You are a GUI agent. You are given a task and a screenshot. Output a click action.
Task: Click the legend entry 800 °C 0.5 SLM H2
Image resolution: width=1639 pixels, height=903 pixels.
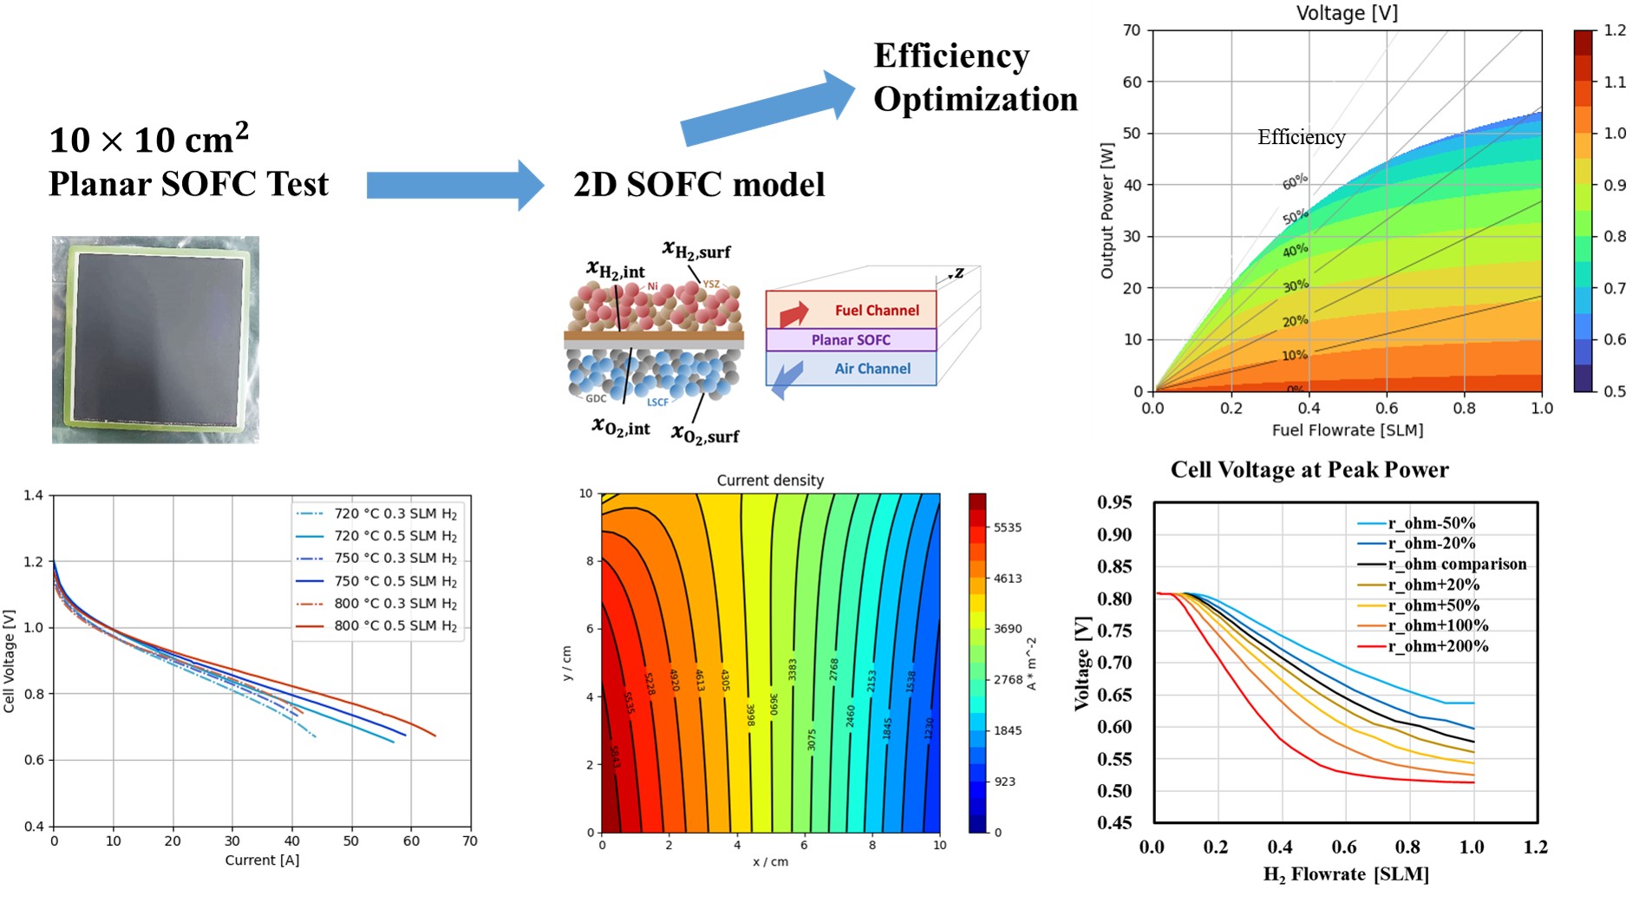(395, 625)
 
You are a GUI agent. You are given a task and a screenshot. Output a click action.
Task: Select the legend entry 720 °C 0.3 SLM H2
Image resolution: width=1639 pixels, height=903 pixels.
(395, 514)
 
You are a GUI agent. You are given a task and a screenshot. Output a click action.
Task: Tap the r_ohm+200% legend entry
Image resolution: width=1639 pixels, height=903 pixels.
(1437, 646)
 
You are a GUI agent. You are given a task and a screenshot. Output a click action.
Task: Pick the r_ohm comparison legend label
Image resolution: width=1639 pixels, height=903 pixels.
(1456, 564)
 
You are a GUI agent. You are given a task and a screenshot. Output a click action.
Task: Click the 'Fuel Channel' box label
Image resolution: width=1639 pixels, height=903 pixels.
(876, 311)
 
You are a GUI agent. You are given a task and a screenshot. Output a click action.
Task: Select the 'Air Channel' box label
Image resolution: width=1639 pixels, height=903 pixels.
(872, 369)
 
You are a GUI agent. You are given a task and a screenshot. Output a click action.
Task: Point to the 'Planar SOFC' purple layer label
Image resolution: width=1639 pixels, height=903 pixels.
(850, 340)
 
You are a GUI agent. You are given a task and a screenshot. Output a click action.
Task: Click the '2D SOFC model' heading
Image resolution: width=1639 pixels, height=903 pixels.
(699, 185)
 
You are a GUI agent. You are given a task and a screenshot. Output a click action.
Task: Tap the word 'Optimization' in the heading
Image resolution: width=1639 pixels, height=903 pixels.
(975, 100)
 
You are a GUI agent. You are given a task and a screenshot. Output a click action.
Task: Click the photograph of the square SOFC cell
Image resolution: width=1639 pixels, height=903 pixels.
(155, 339)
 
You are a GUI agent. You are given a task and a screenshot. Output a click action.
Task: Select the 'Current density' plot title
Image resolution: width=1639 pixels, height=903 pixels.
(770, 481)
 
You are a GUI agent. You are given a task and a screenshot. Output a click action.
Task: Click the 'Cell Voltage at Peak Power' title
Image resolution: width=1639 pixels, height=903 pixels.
(1309, 470)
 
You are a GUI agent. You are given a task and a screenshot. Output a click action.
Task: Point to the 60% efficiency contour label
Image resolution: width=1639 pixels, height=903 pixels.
(1295, 181)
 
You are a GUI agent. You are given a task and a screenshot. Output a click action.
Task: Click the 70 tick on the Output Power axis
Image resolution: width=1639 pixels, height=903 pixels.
(1131, 30)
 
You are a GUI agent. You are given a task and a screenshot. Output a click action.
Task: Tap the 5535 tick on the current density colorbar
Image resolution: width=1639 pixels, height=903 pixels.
(1007, 527)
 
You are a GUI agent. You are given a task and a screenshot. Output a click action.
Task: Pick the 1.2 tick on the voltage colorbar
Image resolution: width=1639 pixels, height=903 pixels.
(1614, 30)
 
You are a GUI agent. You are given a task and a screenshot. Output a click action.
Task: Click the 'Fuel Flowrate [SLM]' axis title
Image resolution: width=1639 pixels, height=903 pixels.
(1347, 430)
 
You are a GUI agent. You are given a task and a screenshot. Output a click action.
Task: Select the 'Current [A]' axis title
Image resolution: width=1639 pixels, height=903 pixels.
(262, 860)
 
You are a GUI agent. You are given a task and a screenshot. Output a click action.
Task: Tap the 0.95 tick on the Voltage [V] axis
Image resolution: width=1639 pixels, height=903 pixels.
(1114, 502)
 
